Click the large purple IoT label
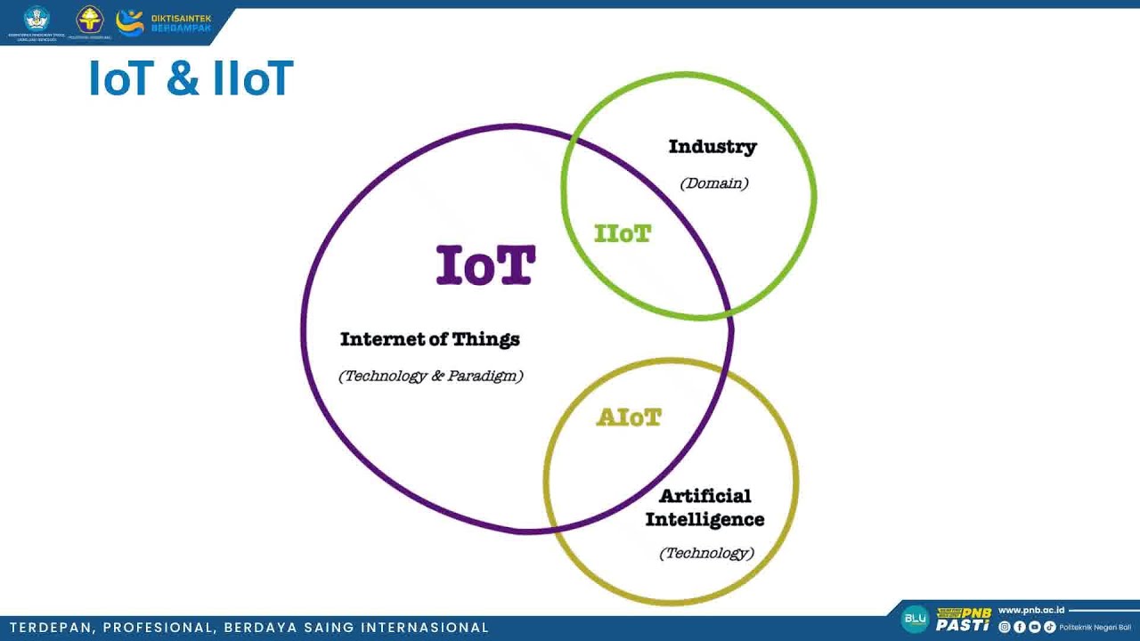click(485, 265)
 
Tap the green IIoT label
click(623, 234)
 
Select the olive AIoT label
click(629, 418)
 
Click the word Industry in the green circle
click(712, 147)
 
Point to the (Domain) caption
click(714, 183)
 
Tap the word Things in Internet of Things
click(485, 339)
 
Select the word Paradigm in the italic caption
click(485, 376)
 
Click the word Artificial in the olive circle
click(705, 496)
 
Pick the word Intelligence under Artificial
click(704, 519)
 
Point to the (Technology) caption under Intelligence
click(706, 553)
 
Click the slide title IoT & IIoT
click(191, 78)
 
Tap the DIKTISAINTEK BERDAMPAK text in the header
click(181, 23)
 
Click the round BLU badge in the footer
click(915, 618)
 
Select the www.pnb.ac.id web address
click(1031, 611)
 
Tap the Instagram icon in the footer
click(1005, 628)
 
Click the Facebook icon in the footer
click(1020, 628)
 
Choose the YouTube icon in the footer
click(1035, 628)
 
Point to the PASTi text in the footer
click(962, 625)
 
